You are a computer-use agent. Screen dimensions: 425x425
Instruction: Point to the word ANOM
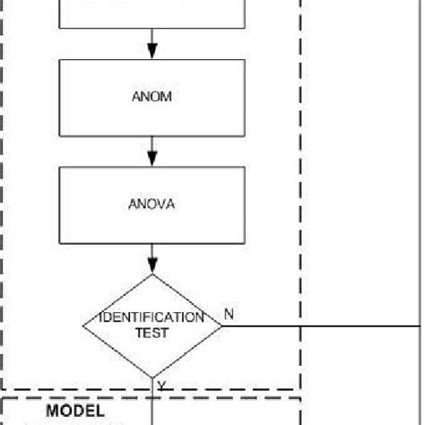[x=152, y=97]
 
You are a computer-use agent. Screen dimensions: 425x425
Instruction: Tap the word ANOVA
[x=152, y=204]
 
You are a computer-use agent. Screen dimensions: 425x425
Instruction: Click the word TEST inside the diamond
[x=152, y=332]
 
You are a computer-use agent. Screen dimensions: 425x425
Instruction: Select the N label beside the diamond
[x=229, y=314]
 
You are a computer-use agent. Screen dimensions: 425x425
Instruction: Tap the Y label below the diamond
[x=161, y=386]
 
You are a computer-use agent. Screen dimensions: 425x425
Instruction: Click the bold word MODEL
[x=76, y=411]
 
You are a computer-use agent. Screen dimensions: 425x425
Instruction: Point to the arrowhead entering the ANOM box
[x=152, y=52]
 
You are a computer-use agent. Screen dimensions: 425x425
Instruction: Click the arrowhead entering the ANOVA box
[x=152, y=160]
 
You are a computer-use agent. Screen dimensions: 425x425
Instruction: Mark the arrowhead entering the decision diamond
[x=152, y=266]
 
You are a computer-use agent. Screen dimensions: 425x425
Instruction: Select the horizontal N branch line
[x=323, y=325]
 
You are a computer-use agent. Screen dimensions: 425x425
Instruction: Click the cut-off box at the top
[x=152, y=13]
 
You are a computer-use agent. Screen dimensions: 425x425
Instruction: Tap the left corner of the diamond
[x=84, y=325]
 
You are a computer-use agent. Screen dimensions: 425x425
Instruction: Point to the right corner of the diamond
[x=221, y=325]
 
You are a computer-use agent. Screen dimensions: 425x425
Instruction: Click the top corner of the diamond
[x=152, y=274]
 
